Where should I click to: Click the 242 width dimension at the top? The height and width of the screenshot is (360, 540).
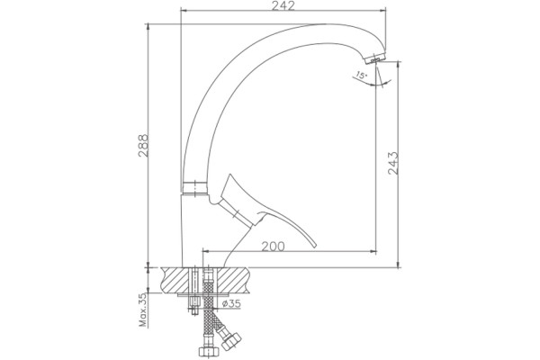[283, 6]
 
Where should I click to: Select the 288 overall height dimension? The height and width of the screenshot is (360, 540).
[143, 146]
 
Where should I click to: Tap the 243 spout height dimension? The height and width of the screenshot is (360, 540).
[393, 163]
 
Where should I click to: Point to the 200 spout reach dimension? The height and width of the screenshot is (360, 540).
[273, 247]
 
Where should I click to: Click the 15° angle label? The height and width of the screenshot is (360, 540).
[362, 75]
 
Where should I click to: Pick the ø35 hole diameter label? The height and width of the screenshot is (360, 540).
[231, 304]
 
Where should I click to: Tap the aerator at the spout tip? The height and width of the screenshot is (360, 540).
[375, 58]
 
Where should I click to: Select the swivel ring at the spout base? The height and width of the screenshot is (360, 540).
[195, 188]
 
